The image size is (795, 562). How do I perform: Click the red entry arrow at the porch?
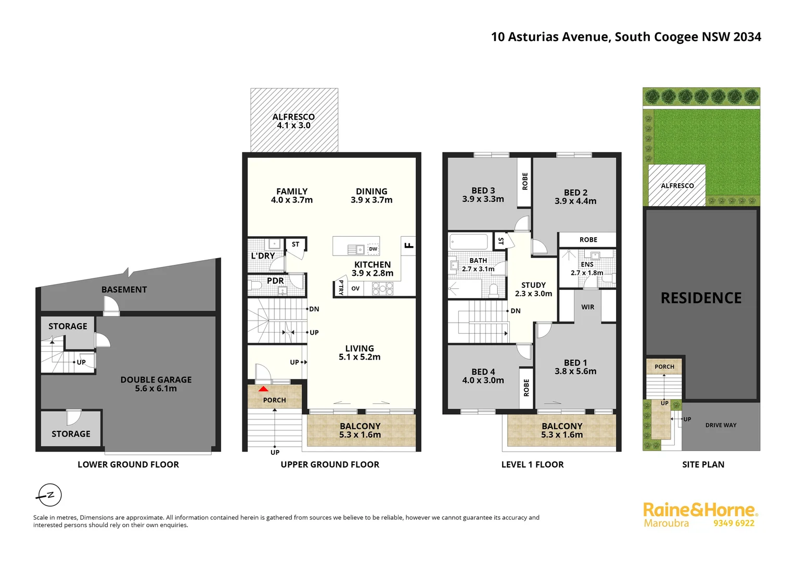pos(264,389)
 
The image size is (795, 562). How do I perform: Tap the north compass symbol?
pos(49,495)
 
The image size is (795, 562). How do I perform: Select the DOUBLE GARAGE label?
pos(156,380)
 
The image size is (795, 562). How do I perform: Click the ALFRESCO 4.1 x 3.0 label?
pos(293,121)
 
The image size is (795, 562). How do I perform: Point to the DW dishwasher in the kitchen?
pos(373,249)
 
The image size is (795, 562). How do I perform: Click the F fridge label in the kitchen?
pos(409,244)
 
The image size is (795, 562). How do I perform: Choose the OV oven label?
pos(355,288)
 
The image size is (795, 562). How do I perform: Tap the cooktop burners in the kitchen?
pos(382,288)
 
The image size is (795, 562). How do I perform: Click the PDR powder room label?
pos(275,280)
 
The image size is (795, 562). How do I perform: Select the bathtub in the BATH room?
pos(468,241)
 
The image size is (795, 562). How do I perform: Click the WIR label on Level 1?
pos(587,307)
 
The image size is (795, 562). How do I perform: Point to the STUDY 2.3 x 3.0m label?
pos(533,289)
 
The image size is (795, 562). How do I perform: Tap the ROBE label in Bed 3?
pos(525,181)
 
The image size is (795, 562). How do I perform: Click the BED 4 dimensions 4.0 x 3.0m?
pos(483,380)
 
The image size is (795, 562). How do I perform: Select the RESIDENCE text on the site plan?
pos(701,298)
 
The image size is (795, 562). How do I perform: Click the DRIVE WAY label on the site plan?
pos(721,425)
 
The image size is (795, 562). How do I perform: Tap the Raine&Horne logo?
pos(700,510)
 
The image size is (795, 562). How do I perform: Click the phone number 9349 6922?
pos(734,523)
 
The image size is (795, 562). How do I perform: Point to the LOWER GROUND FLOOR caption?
pos(128,464)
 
